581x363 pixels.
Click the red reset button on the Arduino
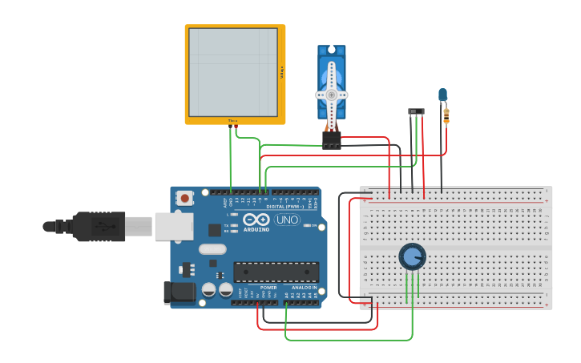185,197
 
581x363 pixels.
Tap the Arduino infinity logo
256,220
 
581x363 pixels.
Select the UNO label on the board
287,220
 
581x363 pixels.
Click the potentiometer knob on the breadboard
412,257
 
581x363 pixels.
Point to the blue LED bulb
442,95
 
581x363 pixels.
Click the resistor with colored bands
446,116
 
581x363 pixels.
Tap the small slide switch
416,111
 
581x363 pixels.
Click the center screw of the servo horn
331,95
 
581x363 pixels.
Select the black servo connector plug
331,140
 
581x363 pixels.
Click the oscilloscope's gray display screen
233,72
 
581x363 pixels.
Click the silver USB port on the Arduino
173,227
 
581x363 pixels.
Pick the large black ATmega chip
276,272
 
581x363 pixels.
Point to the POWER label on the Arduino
268,288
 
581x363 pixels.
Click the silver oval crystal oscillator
212,248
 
